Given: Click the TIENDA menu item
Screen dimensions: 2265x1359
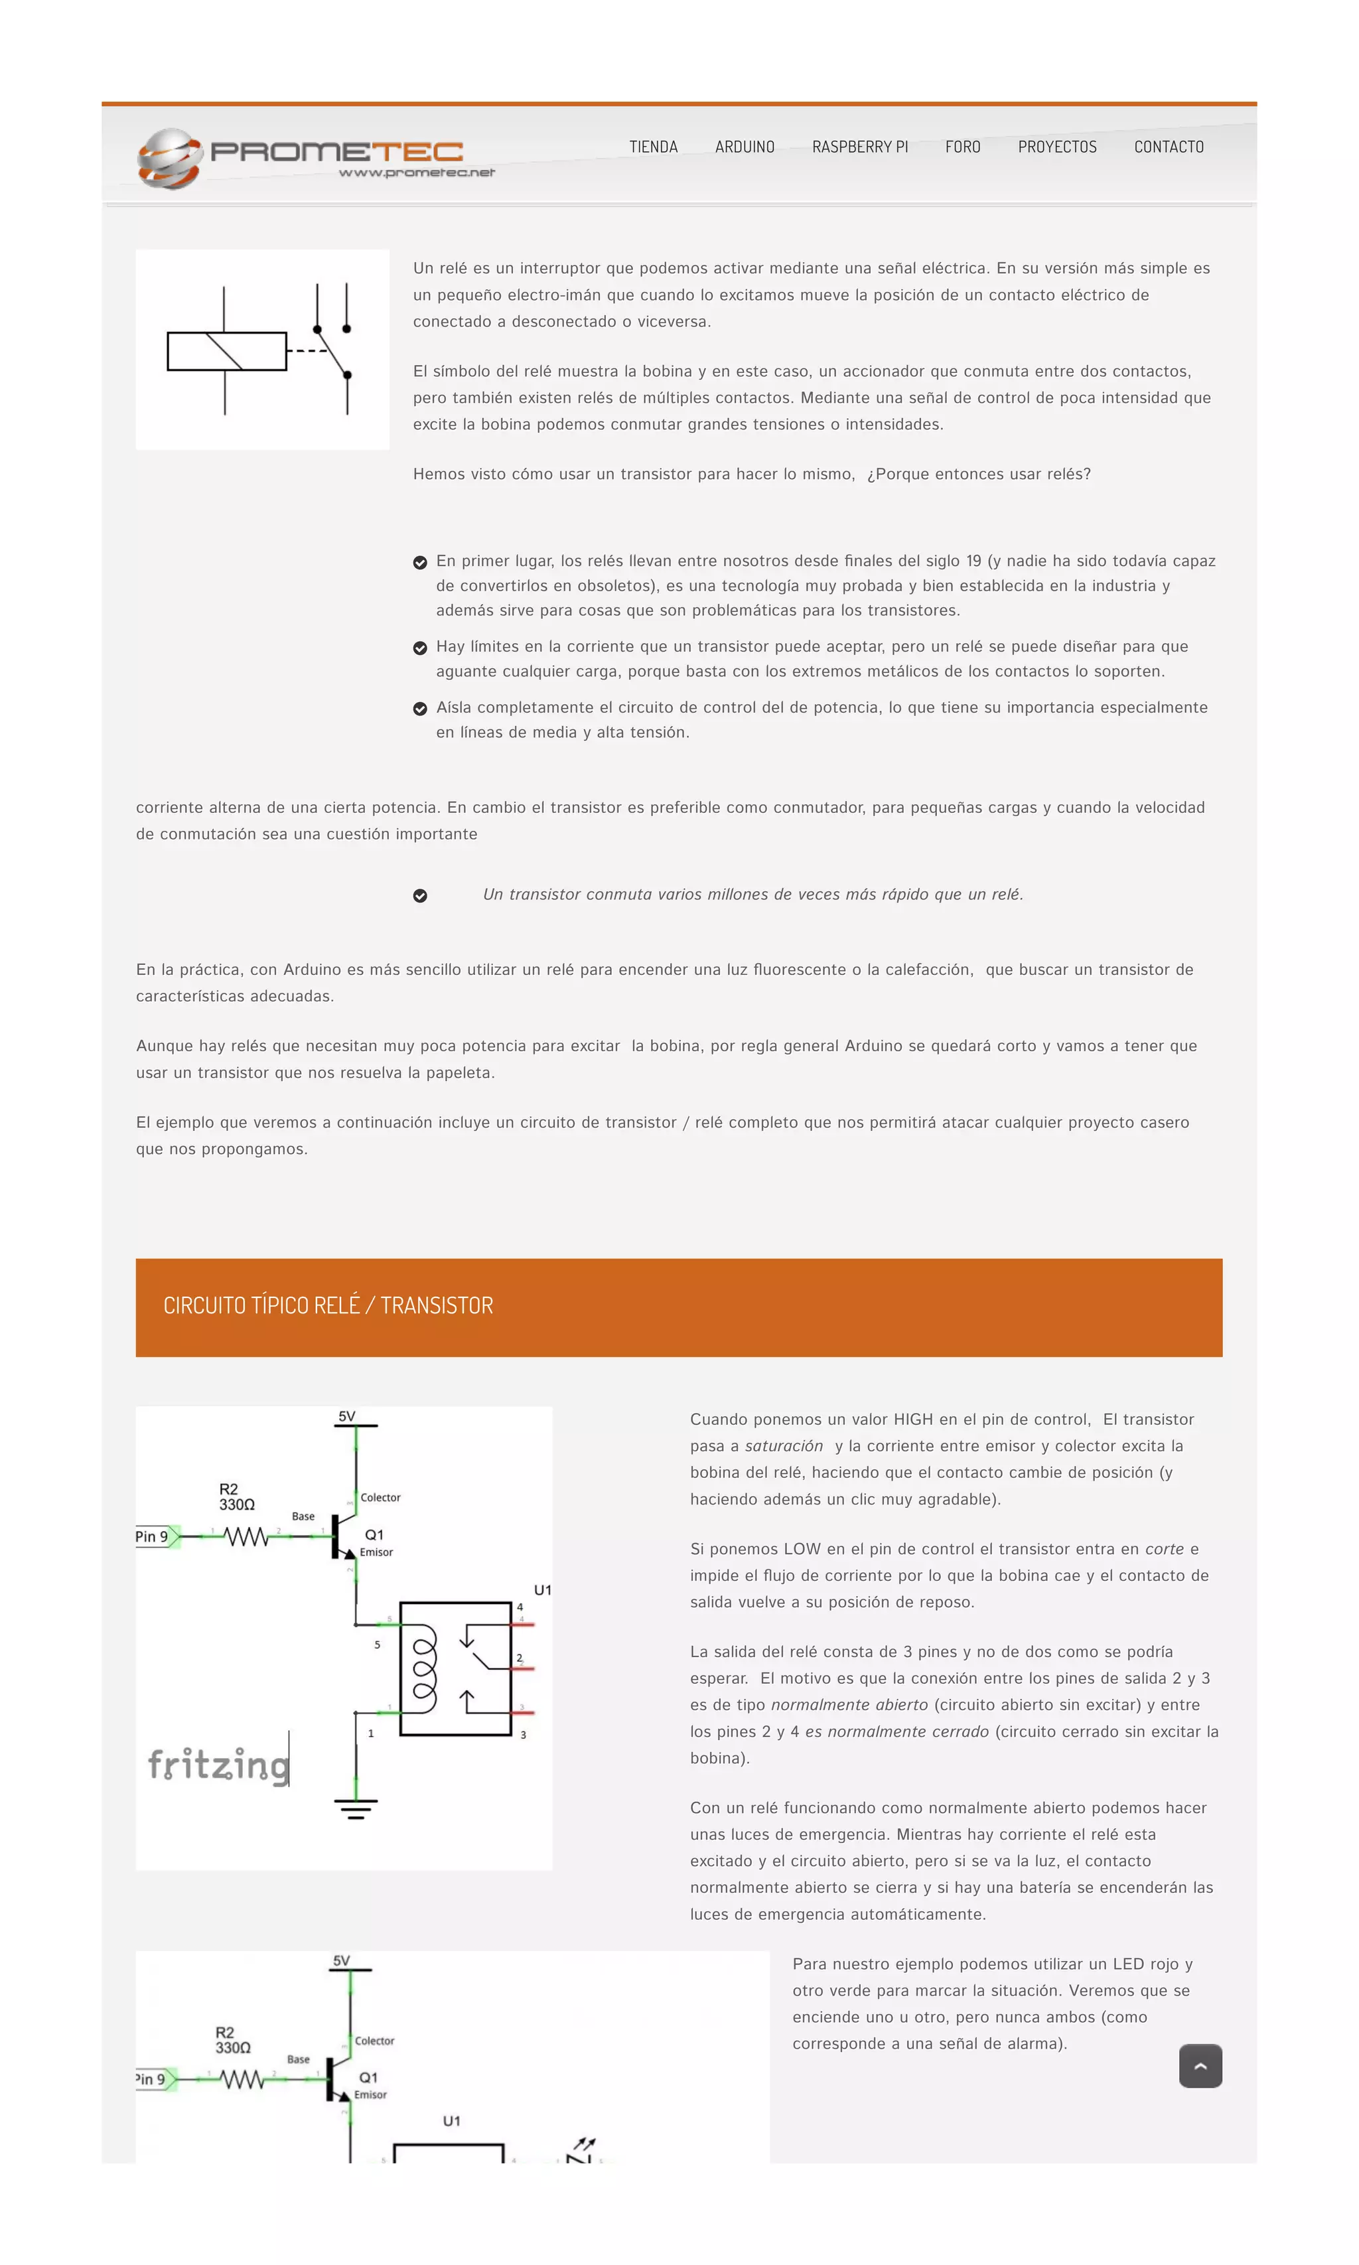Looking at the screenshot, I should pyautogui.click(x=653, y=147).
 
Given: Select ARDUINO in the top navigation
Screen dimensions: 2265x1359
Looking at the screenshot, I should pyautogui.click(x=745, y=147).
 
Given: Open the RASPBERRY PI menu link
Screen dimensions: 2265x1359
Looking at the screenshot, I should pyautogui.click(x=860, y=147).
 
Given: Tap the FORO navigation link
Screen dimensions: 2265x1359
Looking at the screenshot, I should pyautogui.click(x=962, y=147).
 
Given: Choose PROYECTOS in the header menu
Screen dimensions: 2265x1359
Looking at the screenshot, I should pyautogui.click(x=1057, y=147).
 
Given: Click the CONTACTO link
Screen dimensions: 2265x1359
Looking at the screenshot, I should pyautogui.click(x=1169, y=147).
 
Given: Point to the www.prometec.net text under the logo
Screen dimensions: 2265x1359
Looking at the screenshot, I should pyautogui.click(x=417, y=172).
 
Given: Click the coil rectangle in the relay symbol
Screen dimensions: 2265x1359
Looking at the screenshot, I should pyautogui.click(x=226, y=351).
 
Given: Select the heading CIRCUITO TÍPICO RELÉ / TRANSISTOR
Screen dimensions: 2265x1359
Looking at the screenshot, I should pyautogui.click(x=328, y=1305).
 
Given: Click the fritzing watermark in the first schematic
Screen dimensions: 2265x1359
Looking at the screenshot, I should pyautogui.click(x=218, y=1764).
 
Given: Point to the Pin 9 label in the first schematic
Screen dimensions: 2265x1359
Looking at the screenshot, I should pyautogui.click(x=152, y=1536).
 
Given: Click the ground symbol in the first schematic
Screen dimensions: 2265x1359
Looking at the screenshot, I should pyautogui.click(x=355, y=1809).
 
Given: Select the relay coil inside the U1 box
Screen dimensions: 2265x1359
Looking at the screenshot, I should pyautogui.click(x=424, y=1669).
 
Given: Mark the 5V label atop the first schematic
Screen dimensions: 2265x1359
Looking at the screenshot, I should pyautogui.click(x=346, y=1416).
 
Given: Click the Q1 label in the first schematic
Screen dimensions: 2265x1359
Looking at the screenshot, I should pyautogui.click(x=374, y=1534).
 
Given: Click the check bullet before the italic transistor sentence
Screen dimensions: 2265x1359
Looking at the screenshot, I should pyautogui.click(x=419, y=896).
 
